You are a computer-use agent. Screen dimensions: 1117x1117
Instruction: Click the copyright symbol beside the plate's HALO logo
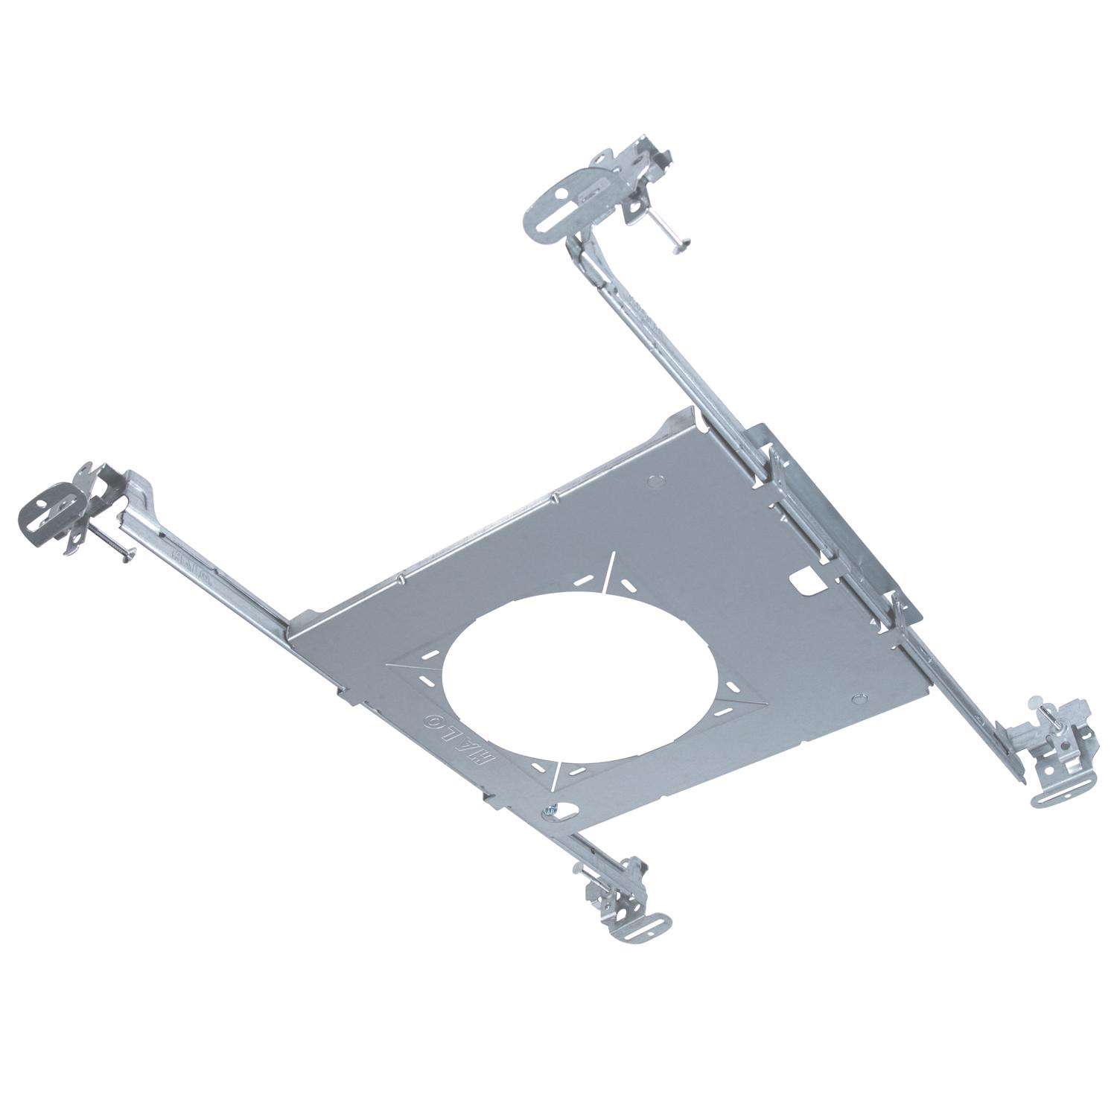coord(433,719)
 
